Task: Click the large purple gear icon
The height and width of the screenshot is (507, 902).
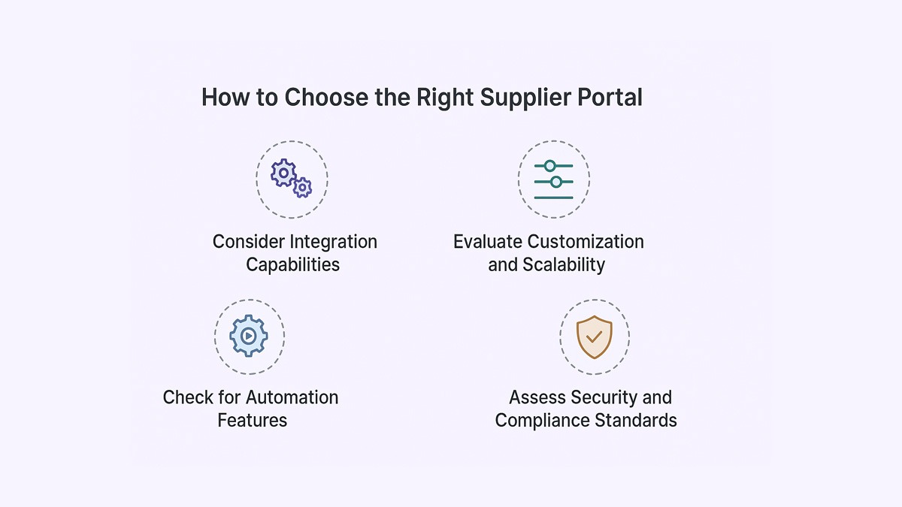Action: [x=283, y=173]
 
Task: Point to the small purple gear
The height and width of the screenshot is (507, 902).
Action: [x=302, y=187]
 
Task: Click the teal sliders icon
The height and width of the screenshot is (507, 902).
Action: [x=554, y=180]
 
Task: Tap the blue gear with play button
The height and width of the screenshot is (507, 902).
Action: [x=249, y=336]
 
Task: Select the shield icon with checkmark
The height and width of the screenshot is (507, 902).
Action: [x=594, y=336]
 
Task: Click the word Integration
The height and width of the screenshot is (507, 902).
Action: [x=334, y=242]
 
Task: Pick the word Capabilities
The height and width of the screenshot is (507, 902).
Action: [x=293, y=264]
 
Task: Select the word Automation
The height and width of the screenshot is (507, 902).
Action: [x=292, y=397]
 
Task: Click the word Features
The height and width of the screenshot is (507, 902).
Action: [x=253, y=420]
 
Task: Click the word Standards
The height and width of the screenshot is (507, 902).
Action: [x=637, y=420]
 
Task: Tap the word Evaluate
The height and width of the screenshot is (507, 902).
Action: [x=488, y=242]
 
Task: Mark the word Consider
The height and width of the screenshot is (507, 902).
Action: [x=249, y=242]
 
